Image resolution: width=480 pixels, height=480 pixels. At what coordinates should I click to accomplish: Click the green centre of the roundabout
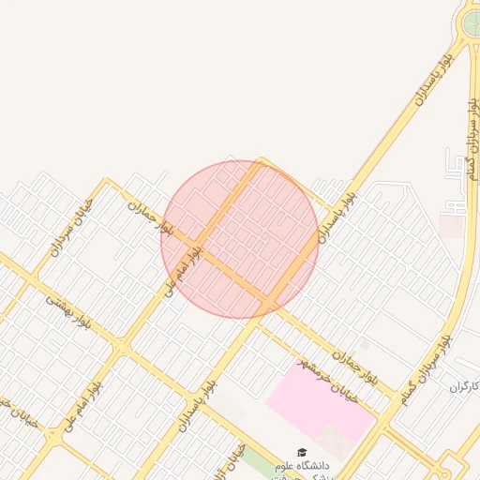coord(472,21)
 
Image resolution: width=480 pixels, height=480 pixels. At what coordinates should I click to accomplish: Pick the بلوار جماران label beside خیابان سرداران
coord(151,217)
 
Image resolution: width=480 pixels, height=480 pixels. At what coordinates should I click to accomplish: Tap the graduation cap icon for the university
coord(302,453)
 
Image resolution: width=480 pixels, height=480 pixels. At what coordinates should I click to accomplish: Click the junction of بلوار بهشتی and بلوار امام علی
coord(122,349)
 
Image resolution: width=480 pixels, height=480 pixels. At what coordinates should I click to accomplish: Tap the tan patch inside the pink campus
coord(333,439)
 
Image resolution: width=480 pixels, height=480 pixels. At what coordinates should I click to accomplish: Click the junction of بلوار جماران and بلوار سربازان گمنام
coord(387,418)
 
